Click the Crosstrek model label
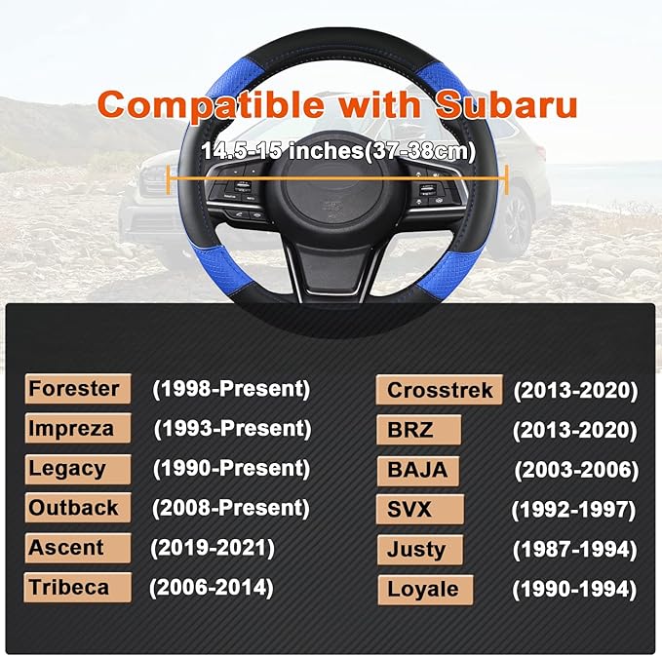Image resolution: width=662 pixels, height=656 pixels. pyautogui.click(x=439, y=390)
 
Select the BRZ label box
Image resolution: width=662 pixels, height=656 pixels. pyautogui.click(x=419, y=430)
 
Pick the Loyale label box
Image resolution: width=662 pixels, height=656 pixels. pyautogui.click(x=424, y=589)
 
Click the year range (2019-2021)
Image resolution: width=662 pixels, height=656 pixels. pyautogui.click(x=212, y=547)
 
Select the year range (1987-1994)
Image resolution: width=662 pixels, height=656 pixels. pyautogui.click(x=575, y=549)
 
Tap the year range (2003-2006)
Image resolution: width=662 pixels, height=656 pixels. pyautogui.click(x=576, y=470)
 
